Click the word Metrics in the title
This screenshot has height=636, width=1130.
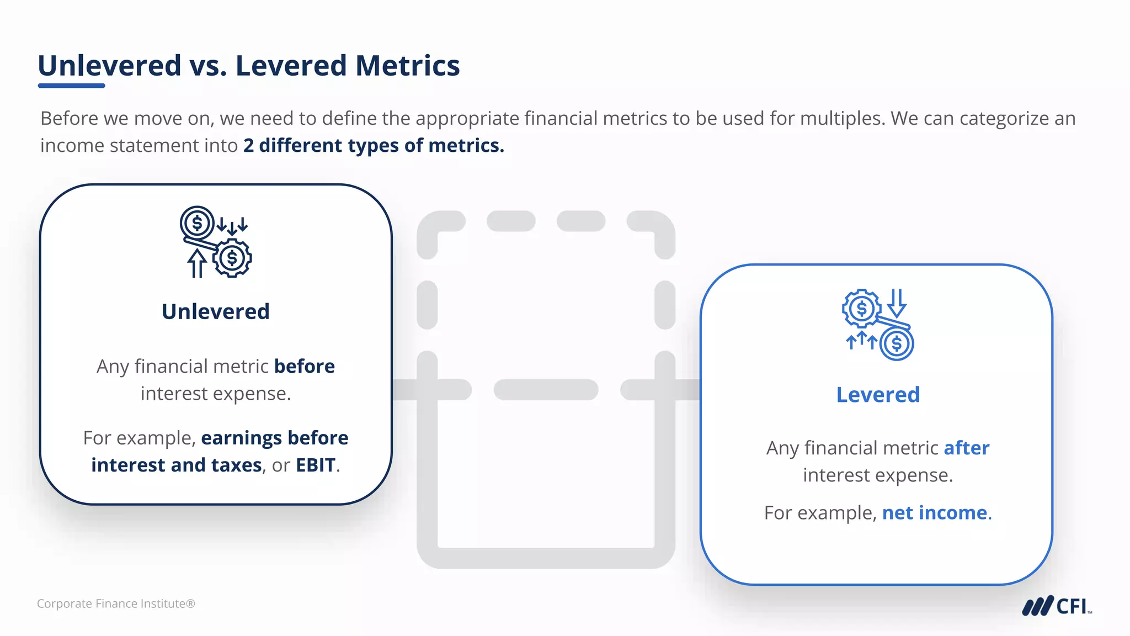407,66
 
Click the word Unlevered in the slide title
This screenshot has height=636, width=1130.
109,66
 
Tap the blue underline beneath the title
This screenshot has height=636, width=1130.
71,86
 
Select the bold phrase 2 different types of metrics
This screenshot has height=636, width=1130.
374,146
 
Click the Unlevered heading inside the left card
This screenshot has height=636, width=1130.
216,312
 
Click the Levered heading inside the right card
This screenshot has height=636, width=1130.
878,395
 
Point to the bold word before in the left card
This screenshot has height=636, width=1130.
304,367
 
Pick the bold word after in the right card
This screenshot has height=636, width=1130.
966,448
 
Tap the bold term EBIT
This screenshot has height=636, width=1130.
315,465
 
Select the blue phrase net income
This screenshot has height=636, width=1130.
934,513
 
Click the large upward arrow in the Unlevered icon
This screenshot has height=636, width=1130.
196,263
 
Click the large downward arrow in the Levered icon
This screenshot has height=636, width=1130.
897,303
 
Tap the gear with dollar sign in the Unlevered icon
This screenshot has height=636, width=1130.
232,258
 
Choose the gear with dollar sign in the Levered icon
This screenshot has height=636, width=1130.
861,308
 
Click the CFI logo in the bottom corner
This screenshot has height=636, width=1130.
1056,606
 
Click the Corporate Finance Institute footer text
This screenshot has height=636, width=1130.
116,604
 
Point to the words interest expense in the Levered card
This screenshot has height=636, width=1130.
877,475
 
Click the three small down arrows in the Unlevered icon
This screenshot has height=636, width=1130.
232,225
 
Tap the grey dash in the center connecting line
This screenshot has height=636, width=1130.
545,390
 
